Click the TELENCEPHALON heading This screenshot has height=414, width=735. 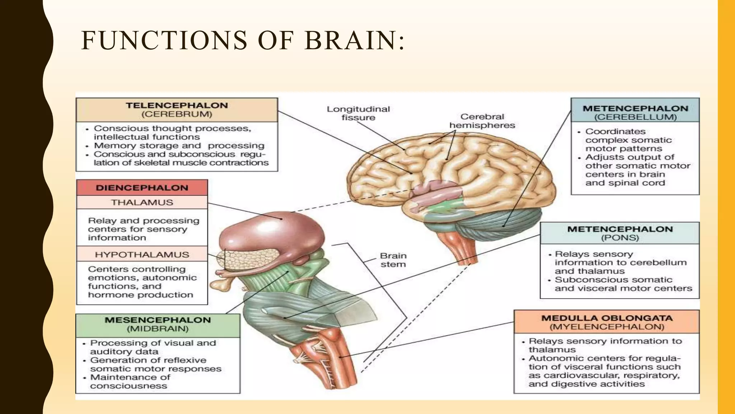177,106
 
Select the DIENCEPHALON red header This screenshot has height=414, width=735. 142,188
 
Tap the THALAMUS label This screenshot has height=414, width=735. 142,203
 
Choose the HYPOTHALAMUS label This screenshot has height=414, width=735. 142,255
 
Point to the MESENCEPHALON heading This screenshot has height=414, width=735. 158,320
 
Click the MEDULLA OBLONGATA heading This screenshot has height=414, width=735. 607,318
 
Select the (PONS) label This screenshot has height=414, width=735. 620,238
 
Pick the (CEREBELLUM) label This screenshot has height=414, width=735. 635,117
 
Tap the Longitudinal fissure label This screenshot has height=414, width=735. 358,113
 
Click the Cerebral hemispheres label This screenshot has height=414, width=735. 482,121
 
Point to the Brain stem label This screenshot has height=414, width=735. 393,260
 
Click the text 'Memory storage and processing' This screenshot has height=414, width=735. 179,146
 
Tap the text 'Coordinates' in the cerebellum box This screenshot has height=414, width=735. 615,132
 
